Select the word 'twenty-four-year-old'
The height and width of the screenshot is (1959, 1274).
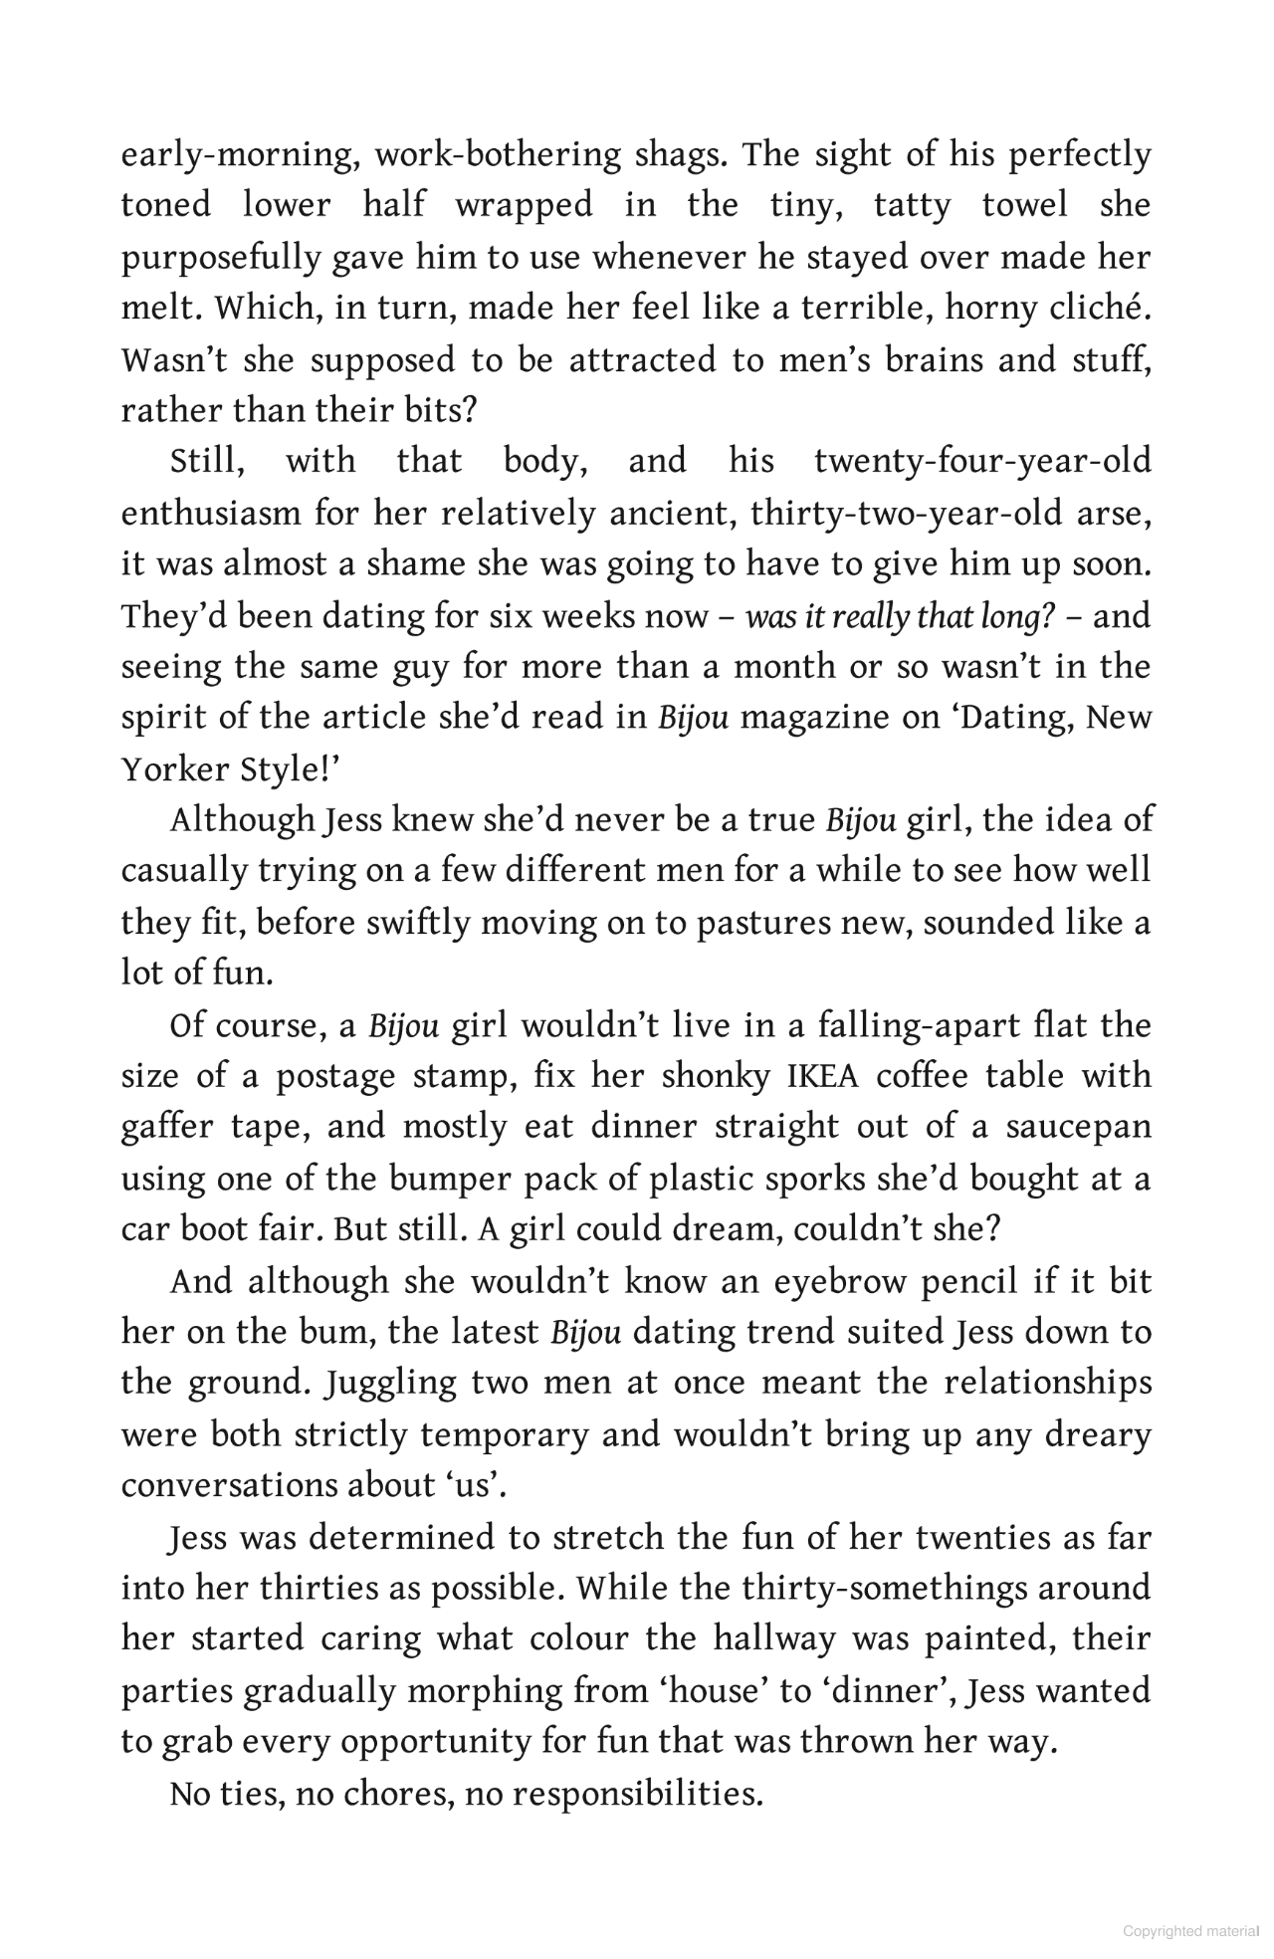(981, 461)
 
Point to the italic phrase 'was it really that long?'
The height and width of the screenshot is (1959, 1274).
(899, 617)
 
